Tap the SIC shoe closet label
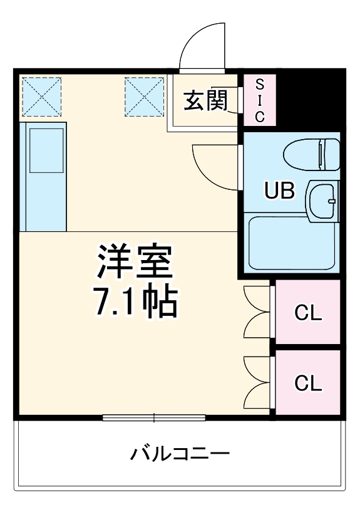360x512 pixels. [x=260, y=100]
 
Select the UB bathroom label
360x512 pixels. [x=279, y=191]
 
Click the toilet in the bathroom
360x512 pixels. [x=311, y=154]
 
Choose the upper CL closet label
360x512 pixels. [x=308, y=313]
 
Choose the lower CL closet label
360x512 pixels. [x=308, y=382]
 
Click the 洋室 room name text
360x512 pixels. [x=134, y=263]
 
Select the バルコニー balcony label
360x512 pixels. [x=180, y=453]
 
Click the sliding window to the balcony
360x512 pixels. [x=154, y=417]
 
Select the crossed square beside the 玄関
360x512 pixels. [x=144, y=97]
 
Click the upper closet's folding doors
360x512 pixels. [x=255, y=311]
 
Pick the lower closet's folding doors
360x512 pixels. [x=255, y=382]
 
